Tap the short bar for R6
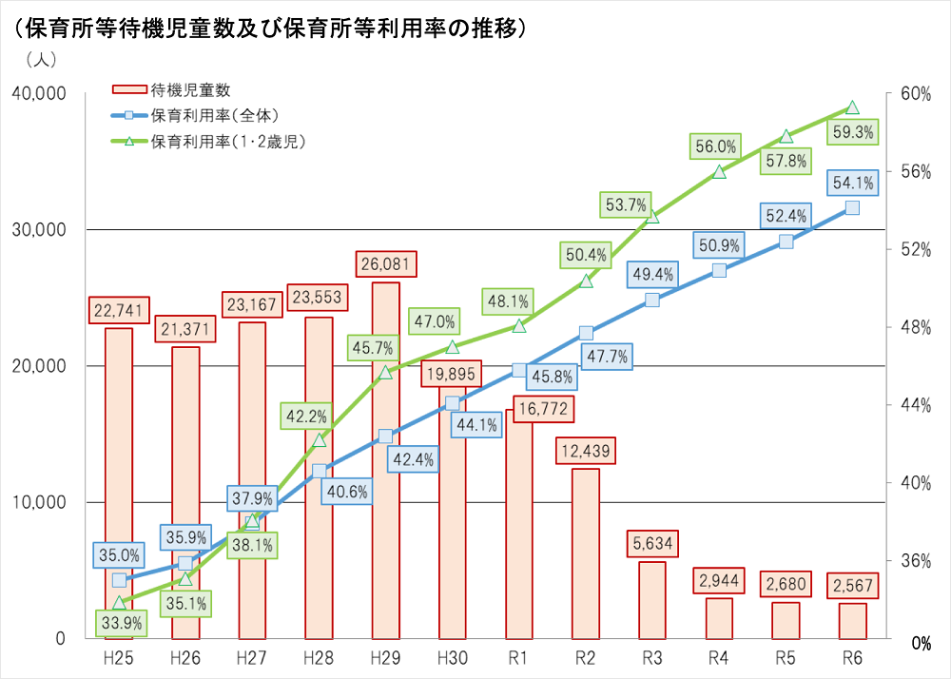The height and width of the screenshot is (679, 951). pos(852,621)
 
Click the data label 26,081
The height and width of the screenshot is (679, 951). pos(385,263)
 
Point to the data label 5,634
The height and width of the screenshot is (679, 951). pos(652,545)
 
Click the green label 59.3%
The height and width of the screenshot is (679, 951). pos(852,133)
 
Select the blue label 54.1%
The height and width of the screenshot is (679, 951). pos(852,184)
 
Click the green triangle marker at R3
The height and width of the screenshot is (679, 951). pos(652,217)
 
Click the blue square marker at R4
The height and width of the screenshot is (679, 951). pos(719,270)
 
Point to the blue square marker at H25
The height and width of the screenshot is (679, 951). pos(119,580)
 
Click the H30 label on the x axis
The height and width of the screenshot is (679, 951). pos(452,656)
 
